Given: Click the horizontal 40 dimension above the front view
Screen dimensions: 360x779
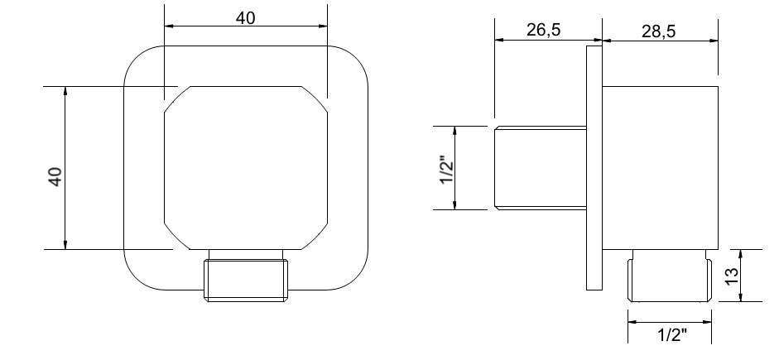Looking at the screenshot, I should pyautogui.click(x=246, y=17).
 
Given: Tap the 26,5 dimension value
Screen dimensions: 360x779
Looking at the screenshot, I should pyautogui.click(x=543, y=30).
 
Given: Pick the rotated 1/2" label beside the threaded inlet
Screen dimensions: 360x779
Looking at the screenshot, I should pyautogui.click(x=445, y=170).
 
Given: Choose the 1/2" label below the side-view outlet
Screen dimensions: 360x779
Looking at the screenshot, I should pyautogui.click(x=671, y=334).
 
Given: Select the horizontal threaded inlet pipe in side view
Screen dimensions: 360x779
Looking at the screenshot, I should pyautogui.click(x=540, y=168).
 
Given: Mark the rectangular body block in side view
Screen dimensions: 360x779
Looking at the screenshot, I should pyautogui.click(x=660, y=166).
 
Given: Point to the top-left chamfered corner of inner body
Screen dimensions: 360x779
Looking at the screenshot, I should pyautogui.click(x=177, y=98).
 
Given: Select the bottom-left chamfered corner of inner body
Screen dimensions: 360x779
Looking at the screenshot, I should pyautogui.click(x=177, y=236).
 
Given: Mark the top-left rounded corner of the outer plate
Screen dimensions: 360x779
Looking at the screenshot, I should pyautogui.click(x=136, y=58).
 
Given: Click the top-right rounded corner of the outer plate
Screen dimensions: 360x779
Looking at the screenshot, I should pyautogui.click(x=356, y=58).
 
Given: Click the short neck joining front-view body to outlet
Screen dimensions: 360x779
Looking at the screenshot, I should pyautogui.click(x=246, y=254).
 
